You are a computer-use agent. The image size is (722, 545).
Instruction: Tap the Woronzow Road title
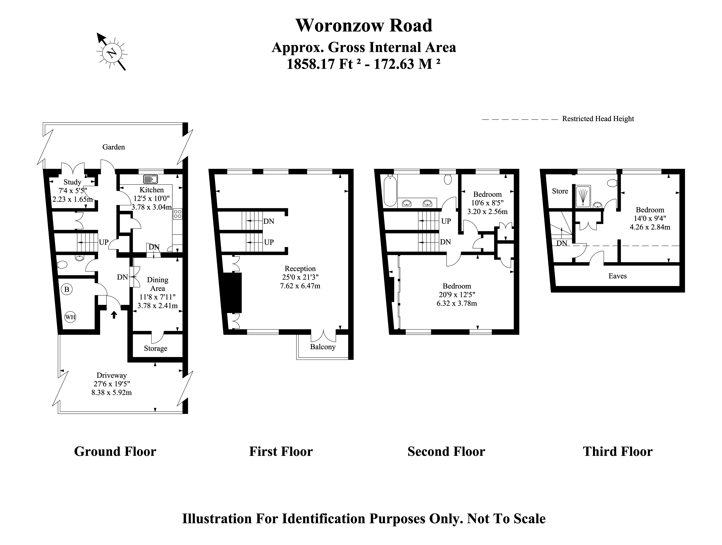(x=364, y=25)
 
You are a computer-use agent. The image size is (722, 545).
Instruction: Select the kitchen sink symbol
(x=150, y=179)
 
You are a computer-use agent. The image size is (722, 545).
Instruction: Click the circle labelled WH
(x=70, y=317)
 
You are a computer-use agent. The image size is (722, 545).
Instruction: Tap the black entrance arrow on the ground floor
(x=114, y=314)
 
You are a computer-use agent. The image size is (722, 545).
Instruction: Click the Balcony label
(x=323, y=347)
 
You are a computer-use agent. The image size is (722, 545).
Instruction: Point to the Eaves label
(x=618, y=276)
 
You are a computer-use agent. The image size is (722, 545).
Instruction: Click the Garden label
(x=114, y=147)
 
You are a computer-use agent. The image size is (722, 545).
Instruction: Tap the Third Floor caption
(x=618, y=451)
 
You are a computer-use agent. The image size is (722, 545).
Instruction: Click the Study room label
(x=72, y=182)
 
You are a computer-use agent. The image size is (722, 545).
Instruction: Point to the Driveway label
(x=112, y=375)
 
